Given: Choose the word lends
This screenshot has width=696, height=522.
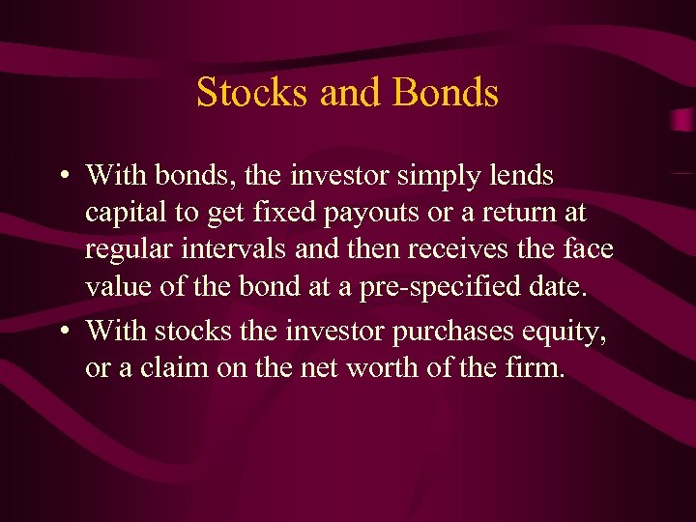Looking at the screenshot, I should (523, 175).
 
